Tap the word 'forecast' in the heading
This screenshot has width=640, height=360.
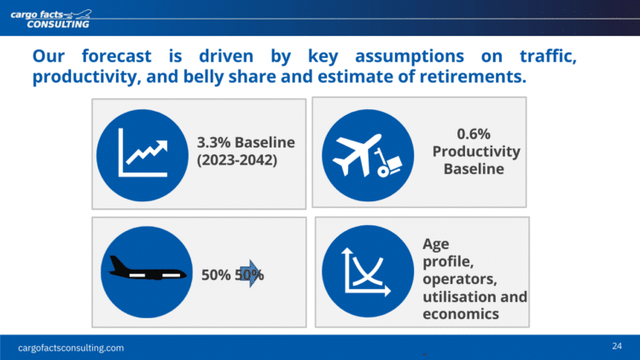click(x=116, y=56)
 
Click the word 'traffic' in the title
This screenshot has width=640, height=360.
click(x=546, y=56)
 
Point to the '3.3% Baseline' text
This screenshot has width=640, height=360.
click(x=246, y=142)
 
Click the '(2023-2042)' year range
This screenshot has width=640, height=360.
click(x=237, y=160)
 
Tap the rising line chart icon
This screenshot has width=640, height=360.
click(x=143, y=153)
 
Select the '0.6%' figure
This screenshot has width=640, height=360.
click(x=474, y=134)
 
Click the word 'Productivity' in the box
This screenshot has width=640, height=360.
click(x=476, y=152)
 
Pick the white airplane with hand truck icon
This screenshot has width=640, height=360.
click(x=367, y=155)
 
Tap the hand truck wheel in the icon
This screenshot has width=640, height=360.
click(x=383, y=171)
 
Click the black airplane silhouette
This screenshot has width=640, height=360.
click(x=147, y=269)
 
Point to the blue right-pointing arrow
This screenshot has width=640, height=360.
click(x=250, y=274)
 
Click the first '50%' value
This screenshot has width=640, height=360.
click(x=216, y=275)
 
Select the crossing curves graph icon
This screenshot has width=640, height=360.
click(x=367, y=271)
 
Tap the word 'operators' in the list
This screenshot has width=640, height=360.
click(x=460, y=279)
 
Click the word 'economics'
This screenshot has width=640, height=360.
click(x=461, y=314)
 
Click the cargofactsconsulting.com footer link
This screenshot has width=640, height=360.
click(x=71, y=348)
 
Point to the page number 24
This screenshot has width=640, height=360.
click(x=617, y=346)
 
